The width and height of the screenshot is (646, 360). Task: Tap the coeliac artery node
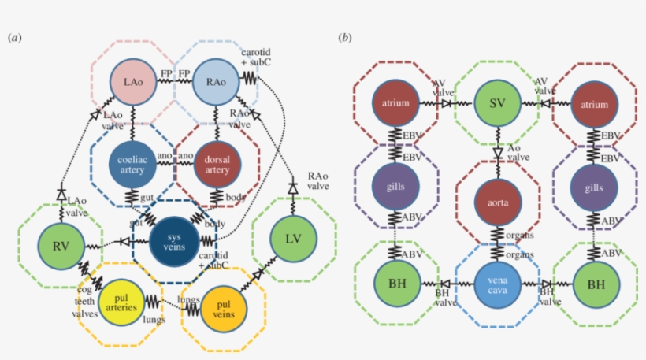[132, 162]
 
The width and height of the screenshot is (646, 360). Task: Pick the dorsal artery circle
[217, 162]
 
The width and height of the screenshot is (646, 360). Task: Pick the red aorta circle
[498, 202]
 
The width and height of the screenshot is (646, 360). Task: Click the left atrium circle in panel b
[396, 103]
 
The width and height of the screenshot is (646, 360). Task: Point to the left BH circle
[396, 283]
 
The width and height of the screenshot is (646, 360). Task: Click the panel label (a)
[14, 37]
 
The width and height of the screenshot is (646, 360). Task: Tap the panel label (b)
[344, 37]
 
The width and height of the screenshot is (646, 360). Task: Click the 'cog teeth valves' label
[85, 302]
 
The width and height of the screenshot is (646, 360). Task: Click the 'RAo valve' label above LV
[318, 181]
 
